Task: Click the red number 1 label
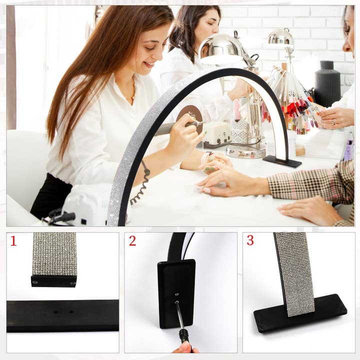tap(13, 241)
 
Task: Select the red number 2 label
tap(132, 241)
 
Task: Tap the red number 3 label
tap(250, 240)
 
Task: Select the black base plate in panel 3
tap(300, 313)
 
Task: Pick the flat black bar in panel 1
tap(62, 315)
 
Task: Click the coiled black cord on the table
tap(142, 184)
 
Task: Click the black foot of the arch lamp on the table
tap(282, 161)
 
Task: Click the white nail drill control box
tap(215, 132)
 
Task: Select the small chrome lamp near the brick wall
tap(280, 39)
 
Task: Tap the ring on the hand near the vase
tap(333, 121)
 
